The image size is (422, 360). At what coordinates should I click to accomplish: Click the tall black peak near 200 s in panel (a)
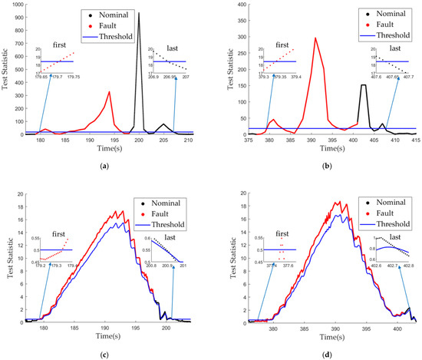[139, 14]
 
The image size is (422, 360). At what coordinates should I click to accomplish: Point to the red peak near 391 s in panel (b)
[315, 38]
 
